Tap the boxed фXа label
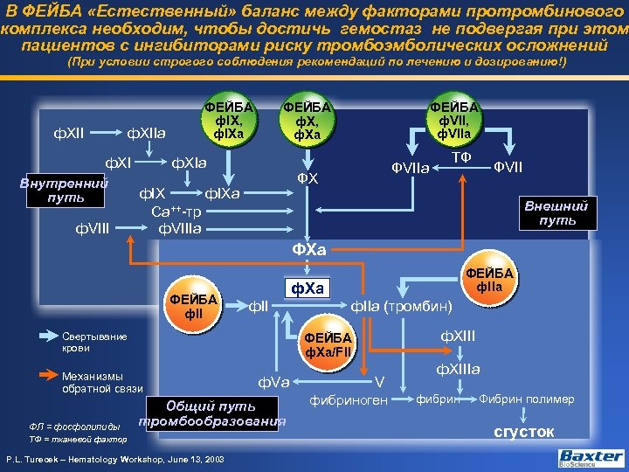point(307,288)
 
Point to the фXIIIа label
point(458,369)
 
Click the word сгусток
point(524,432)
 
